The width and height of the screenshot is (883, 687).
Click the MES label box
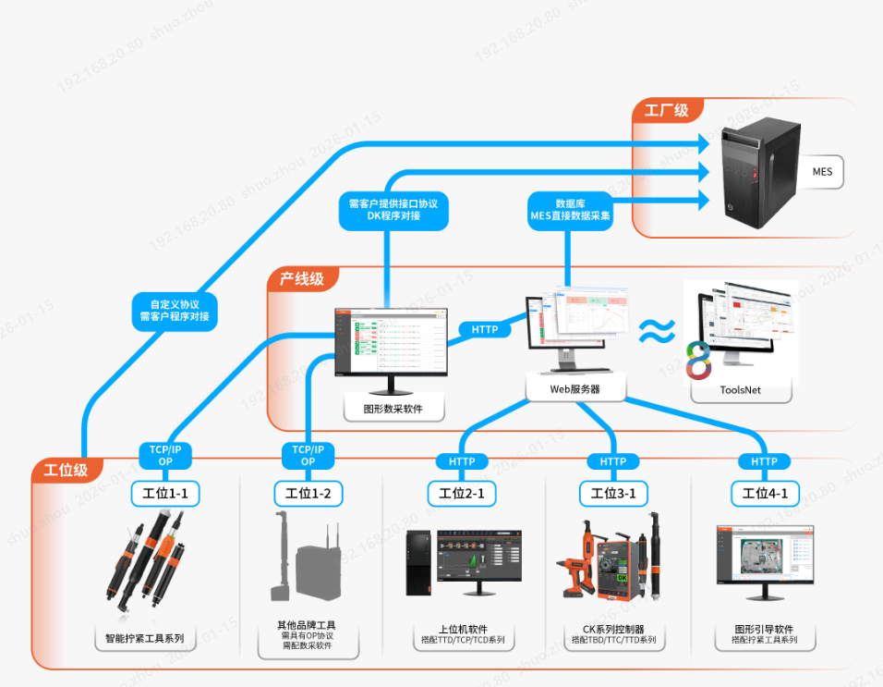(821, 172)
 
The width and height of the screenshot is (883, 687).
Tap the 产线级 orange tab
(302, 278)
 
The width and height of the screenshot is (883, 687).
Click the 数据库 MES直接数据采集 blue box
(570, 210)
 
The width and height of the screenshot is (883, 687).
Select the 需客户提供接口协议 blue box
(393, 210)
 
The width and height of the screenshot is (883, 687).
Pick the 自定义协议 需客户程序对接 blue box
(174, 310)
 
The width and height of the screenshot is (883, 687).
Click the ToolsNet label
(740, 390)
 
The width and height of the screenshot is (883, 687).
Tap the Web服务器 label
(575, 389)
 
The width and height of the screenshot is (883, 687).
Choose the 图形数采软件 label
(393, 409)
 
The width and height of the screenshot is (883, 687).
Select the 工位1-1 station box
(165, 494)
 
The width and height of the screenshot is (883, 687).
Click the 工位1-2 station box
(308, 494)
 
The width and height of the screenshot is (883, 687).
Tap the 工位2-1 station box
(462, 494)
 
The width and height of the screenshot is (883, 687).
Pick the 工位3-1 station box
(613, 494)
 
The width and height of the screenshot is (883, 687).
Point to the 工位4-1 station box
(764, 494)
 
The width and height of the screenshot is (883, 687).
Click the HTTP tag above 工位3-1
(613, 461)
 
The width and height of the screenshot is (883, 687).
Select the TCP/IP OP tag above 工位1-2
(308, 455)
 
